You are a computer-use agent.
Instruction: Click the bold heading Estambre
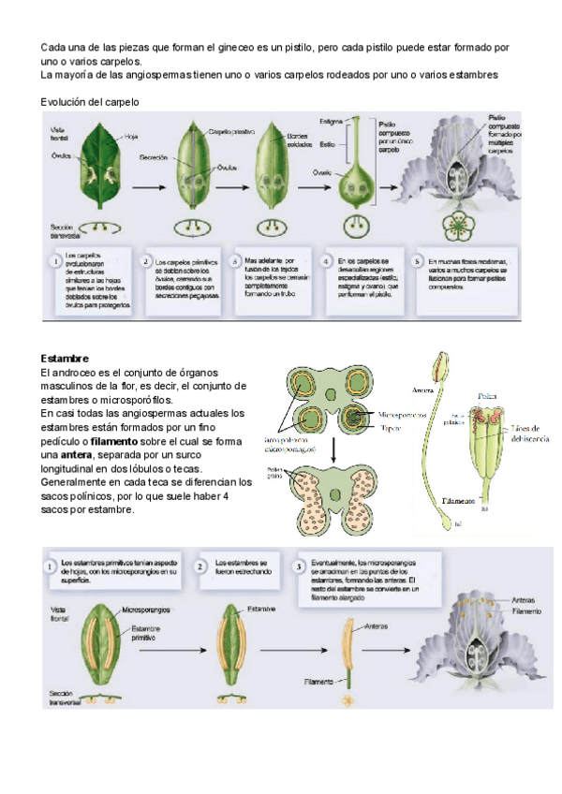[65, 359]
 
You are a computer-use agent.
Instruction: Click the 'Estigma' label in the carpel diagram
[330, 123]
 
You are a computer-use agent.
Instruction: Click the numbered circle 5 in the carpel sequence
[417, 261]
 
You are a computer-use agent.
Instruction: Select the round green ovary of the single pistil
[357, 177]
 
